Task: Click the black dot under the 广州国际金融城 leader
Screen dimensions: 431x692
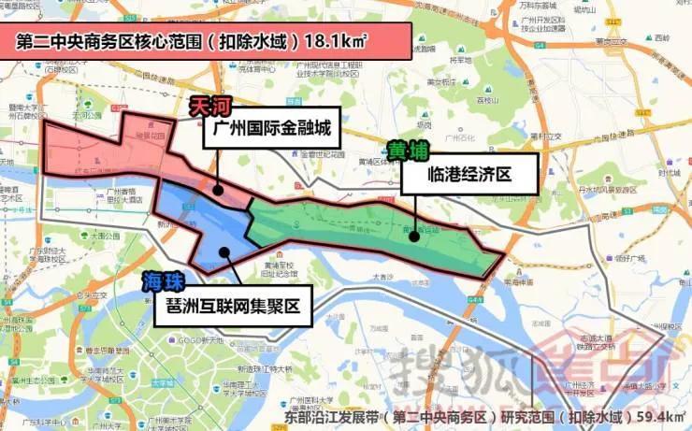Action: (x=218, y=189)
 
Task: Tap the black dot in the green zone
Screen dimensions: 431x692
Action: (x=413, y=237)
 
